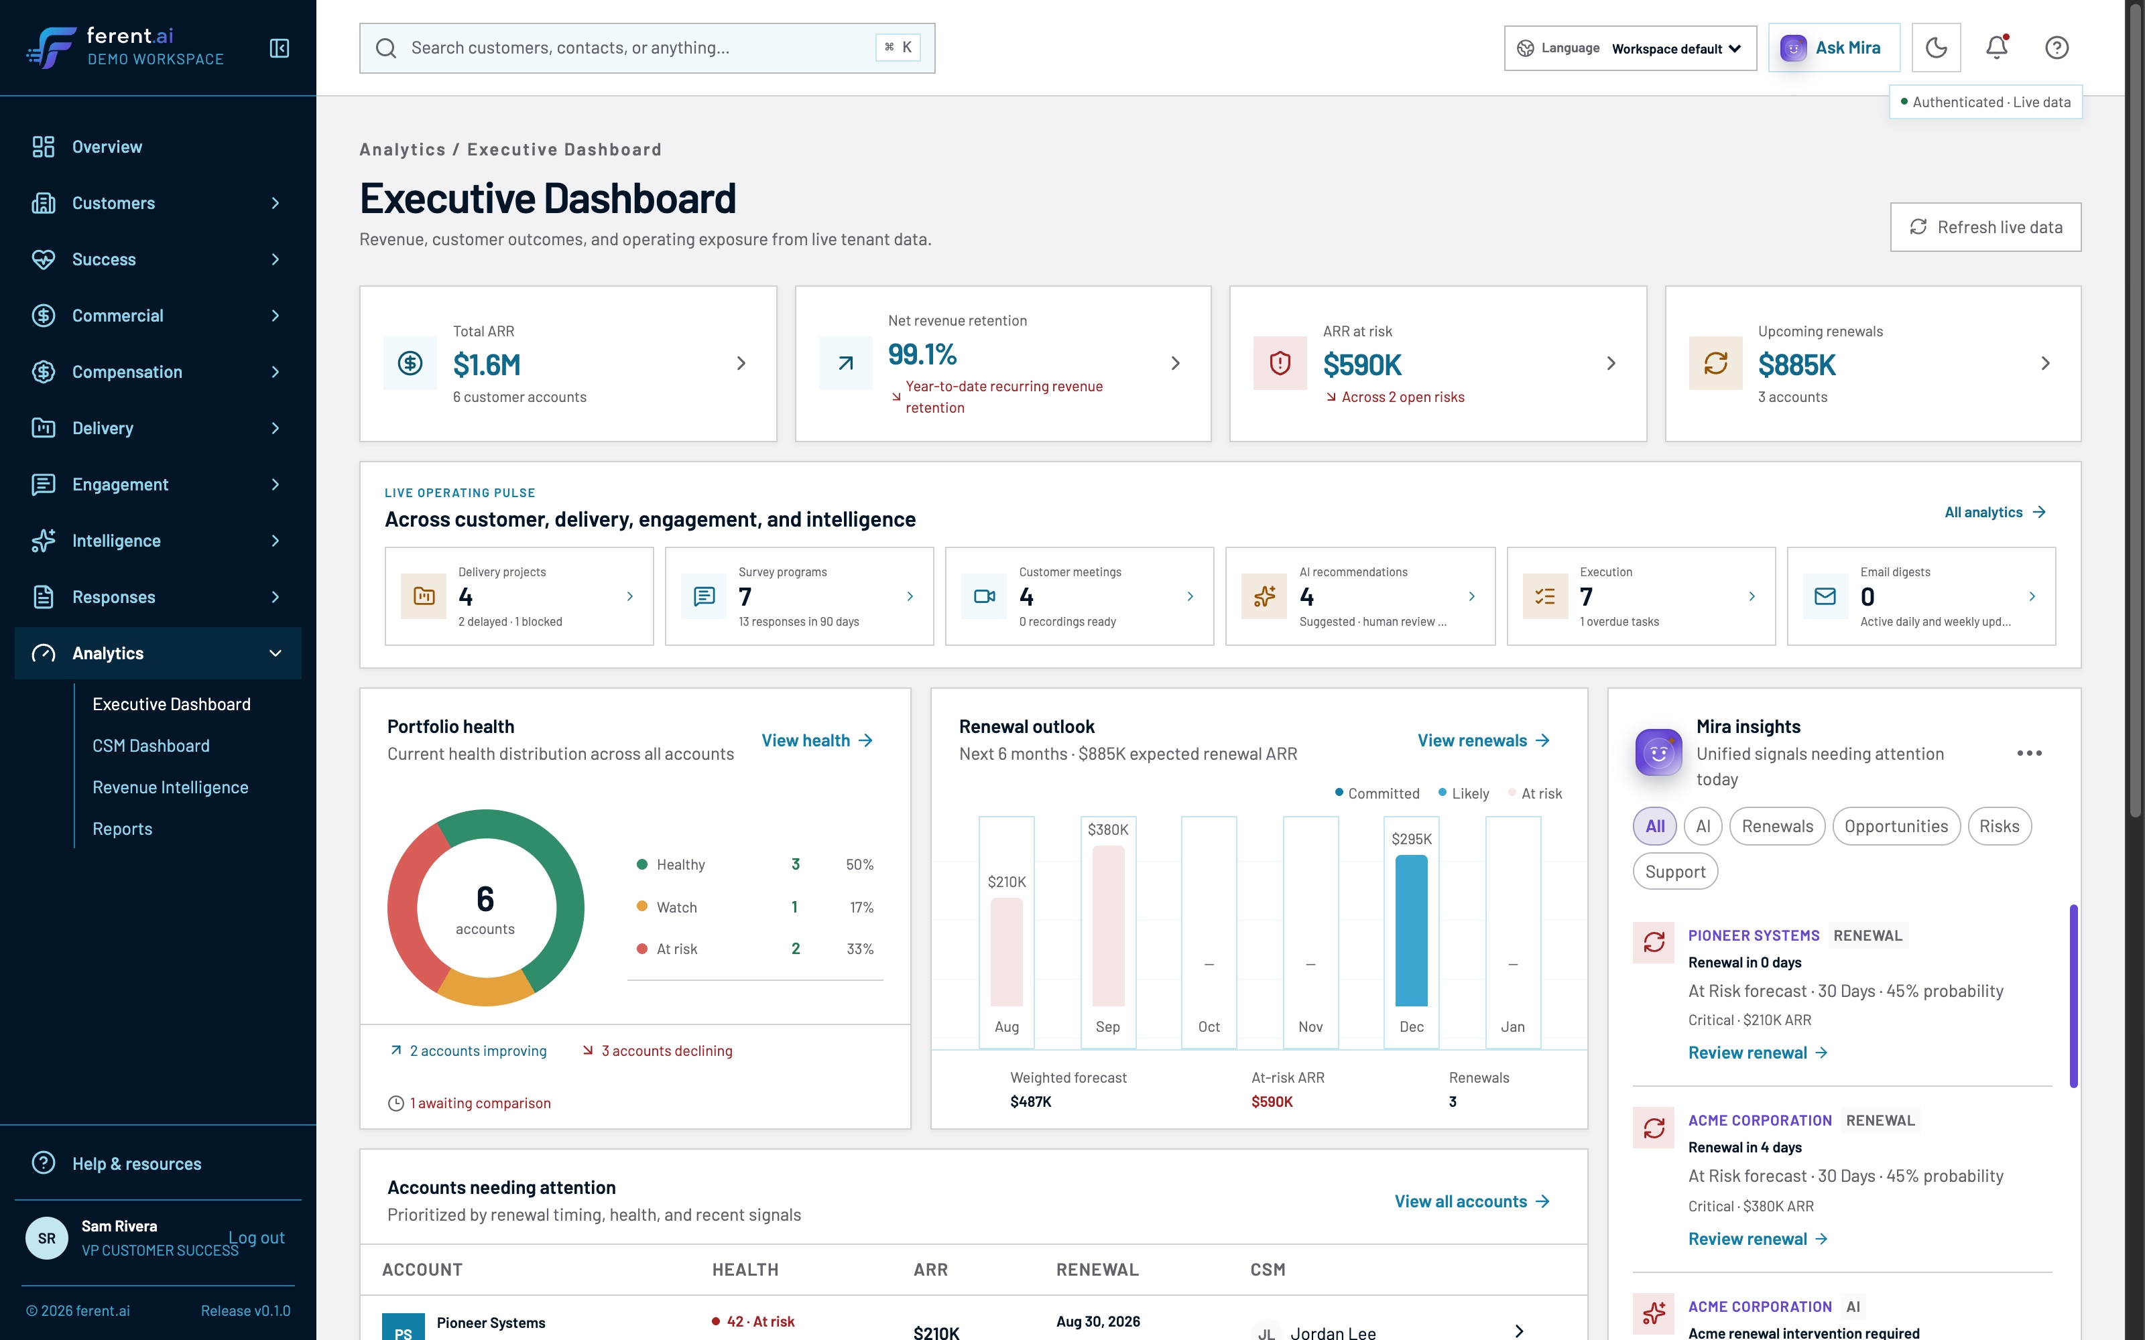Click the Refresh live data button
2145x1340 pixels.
point(1985,227)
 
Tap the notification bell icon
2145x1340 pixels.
point(1996,48)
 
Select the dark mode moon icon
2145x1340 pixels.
point(1936,48)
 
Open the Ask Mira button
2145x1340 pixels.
point(1833,48)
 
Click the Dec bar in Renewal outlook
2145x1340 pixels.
point(1411,931)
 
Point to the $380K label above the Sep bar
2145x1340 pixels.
point(1108,829)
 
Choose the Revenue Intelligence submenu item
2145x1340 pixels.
point(170,787)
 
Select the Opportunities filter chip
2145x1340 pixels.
point(1896,826)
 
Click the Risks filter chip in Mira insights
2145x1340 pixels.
point(1999,826)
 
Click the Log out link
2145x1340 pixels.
point(256,1237)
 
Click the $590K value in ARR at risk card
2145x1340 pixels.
point(1362,364)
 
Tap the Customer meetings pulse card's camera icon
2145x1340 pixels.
point(984,596)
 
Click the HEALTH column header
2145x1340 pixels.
point(745,1269)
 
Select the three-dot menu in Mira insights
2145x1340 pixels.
point(2029,752)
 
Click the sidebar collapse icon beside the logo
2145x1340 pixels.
point(280,48)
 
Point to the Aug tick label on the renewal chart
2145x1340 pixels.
point(1006,1026)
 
